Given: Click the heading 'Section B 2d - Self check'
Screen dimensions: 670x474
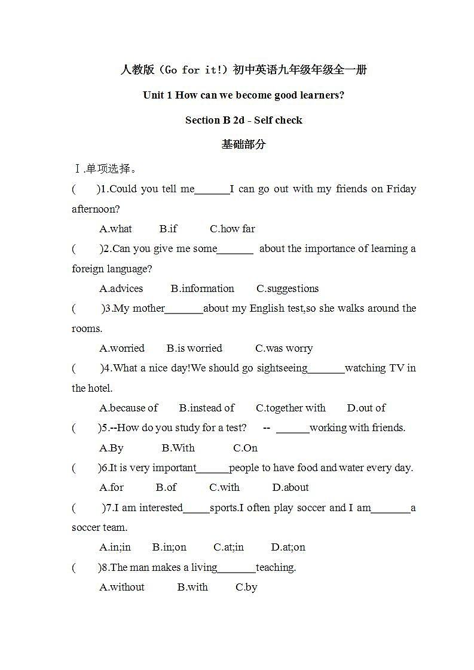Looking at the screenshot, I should pos(243,120).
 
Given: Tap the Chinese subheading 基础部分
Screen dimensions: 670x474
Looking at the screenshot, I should pos(243,145).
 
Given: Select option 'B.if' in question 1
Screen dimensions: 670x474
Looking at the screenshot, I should pos(168,229).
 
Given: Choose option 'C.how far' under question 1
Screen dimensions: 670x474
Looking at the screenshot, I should pos(232,229).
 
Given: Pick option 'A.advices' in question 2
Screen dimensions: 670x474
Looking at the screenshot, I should pos(121,288).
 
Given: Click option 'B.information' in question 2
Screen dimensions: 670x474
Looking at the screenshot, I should pos(202,288).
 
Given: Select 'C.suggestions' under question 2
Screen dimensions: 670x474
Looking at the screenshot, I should pos(288,288).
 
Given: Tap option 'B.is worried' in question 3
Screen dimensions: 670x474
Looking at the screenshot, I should pos(194,348).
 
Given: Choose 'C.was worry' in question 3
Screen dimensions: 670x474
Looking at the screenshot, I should pos(284,348).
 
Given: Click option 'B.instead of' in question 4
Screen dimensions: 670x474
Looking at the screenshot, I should pos(207,408).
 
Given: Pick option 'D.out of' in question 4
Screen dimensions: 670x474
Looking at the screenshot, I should pos(366,408).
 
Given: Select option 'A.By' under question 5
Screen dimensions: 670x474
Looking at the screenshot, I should pos(111,448).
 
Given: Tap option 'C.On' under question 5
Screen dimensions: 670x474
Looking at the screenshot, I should pos(245,448).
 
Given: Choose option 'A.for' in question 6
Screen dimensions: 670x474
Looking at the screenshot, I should pos(111,487).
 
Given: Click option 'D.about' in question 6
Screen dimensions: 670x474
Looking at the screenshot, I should pos(290,487).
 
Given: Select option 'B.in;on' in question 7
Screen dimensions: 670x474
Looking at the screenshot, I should pos(169,547).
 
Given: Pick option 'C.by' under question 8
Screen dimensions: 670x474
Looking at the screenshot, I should pos(246,587).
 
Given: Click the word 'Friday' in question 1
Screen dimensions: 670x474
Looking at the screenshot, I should pos(401,189).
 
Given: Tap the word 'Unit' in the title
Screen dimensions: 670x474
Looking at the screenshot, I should pos(154,95).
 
